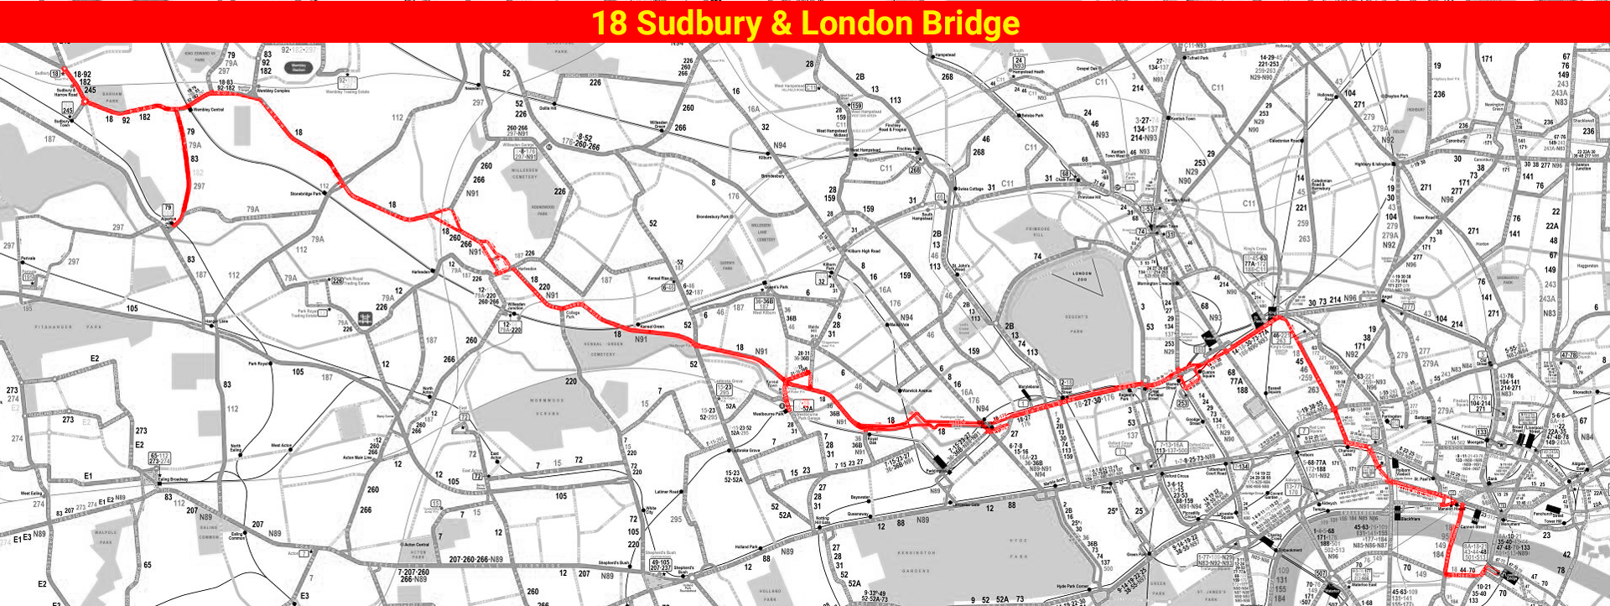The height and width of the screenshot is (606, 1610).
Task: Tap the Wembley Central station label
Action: pos(209,110)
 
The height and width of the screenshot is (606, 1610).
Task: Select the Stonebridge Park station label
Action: pos(305,194)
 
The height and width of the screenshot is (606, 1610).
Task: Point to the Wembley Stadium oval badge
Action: pos(299,67)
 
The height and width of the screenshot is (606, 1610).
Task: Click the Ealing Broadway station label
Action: pos(174,479)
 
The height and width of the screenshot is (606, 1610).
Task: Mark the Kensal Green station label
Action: pos(652,326)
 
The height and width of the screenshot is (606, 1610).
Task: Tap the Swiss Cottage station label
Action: pos(970,189)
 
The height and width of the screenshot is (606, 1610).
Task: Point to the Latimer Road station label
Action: pos(667,492)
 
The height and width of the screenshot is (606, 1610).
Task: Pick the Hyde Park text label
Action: pos(1018,548)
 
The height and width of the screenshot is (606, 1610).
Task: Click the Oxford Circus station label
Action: pos(1176,476)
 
